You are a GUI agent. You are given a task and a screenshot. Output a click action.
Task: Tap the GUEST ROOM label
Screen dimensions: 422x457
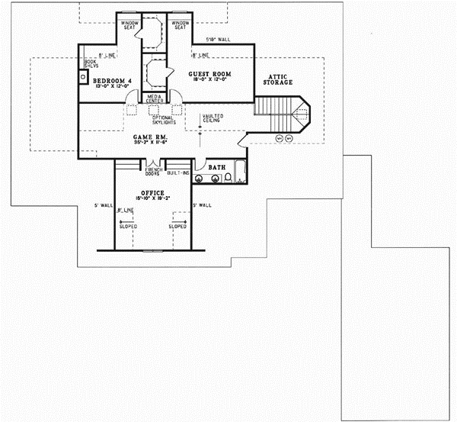tap(209, 74)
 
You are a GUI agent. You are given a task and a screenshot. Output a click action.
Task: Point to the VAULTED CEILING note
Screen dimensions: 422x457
tap(213, 118)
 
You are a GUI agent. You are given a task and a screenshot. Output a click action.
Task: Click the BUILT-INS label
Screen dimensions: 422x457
tap(179, 173)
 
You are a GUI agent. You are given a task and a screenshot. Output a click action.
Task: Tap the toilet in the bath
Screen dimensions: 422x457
tap(228, 179)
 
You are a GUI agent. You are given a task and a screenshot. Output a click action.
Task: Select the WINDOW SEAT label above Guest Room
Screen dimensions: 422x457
tap(180, 26)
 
